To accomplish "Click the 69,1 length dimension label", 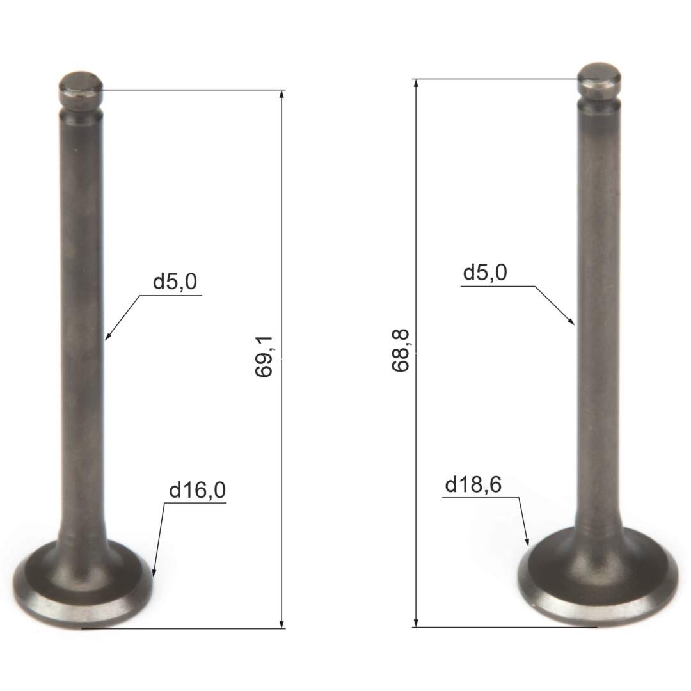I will (264, 357).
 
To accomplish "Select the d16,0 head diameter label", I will (197, 491).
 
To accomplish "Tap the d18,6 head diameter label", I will (473, 486).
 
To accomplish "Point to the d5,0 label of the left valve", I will (174, 282).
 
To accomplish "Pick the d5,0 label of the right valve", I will (485, 273).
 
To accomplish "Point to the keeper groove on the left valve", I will (81, 107).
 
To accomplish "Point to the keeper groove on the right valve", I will (599, 99).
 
